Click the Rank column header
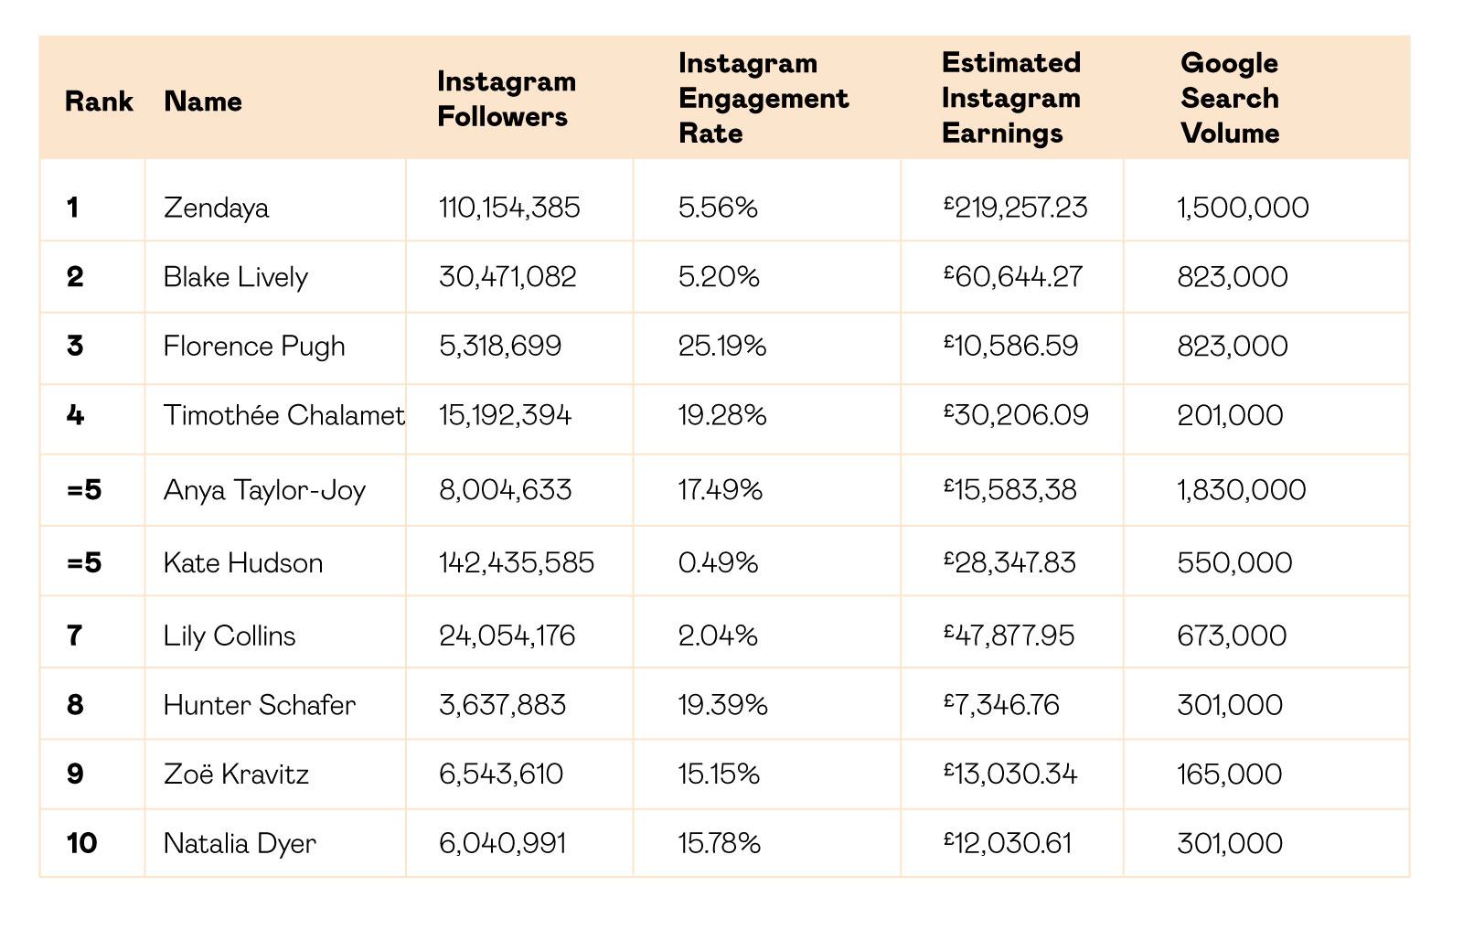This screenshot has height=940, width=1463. coord(99,101)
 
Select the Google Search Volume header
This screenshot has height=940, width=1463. coord(1230,98)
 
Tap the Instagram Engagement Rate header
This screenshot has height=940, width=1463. coord(764,98)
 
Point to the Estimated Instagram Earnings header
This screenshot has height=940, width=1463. coord(1011,98)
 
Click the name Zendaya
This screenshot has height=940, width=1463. coord(216,208)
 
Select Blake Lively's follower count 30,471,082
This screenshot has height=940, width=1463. coord(507,277)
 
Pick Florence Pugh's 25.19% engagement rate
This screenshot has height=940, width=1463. coord(721,347)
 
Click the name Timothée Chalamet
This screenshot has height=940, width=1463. coord(284,415)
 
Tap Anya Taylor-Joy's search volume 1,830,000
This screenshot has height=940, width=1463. coord(1242,490)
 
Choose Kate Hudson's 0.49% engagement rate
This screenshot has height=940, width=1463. coord(718,563)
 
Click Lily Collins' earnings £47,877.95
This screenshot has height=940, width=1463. coord(1009,636)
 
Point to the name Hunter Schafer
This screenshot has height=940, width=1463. coord(260,706)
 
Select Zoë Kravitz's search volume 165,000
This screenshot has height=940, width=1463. coord(1229,774)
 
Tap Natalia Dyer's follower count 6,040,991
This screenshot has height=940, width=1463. coord(502,843)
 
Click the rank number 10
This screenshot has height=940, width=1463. coord(81,843)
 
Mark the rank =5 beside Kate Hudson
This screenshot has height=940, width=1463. coord(84,563)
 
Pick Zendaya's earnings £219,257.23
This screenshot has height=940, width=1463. coord(1016,208)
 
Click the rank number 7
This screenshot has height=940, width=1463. coord(74,636)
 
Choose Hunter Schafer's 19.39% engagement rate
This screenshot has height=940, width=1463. coord(722,706)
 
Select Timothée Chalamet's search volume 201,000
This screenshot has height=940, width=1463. coord(1230,415)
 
